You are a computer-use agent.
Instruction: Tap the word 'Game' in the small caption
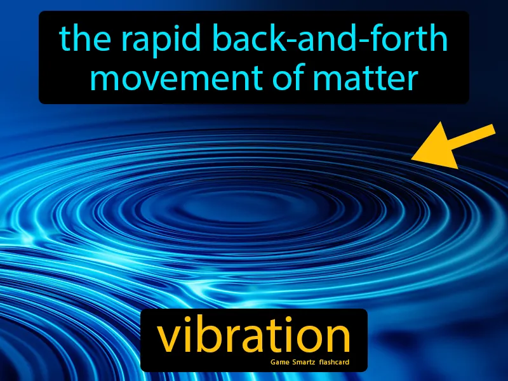tap(280, 364)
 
